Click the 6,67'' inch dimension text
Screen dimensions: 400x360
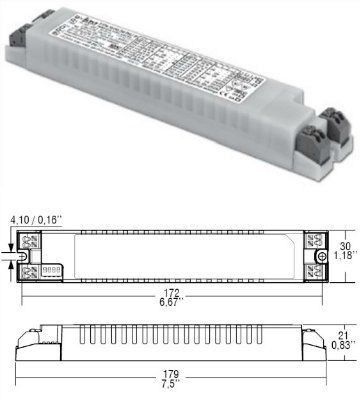click(x=171, y=304)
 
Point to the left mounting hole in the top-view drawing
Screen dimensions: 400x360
click(x=26, y=256)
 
